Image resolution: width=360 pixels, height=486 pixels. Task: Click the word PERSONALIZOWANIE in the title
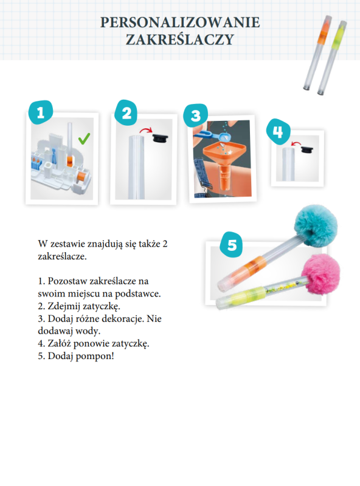click(180, 23)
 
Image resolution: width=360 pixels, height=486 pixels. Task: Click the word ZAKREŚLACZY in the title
click(180, 40)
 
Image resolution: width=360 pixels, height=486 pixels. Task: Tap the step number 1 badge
click(40, 112)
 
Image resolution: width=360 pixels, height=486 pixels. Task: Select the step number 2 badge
click(126, 113)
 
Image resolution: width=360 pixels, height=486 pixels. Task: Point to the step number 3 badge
click(195, 115)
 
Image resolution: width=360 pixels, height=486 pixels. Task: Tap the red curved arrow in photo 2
click(147, 131)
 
